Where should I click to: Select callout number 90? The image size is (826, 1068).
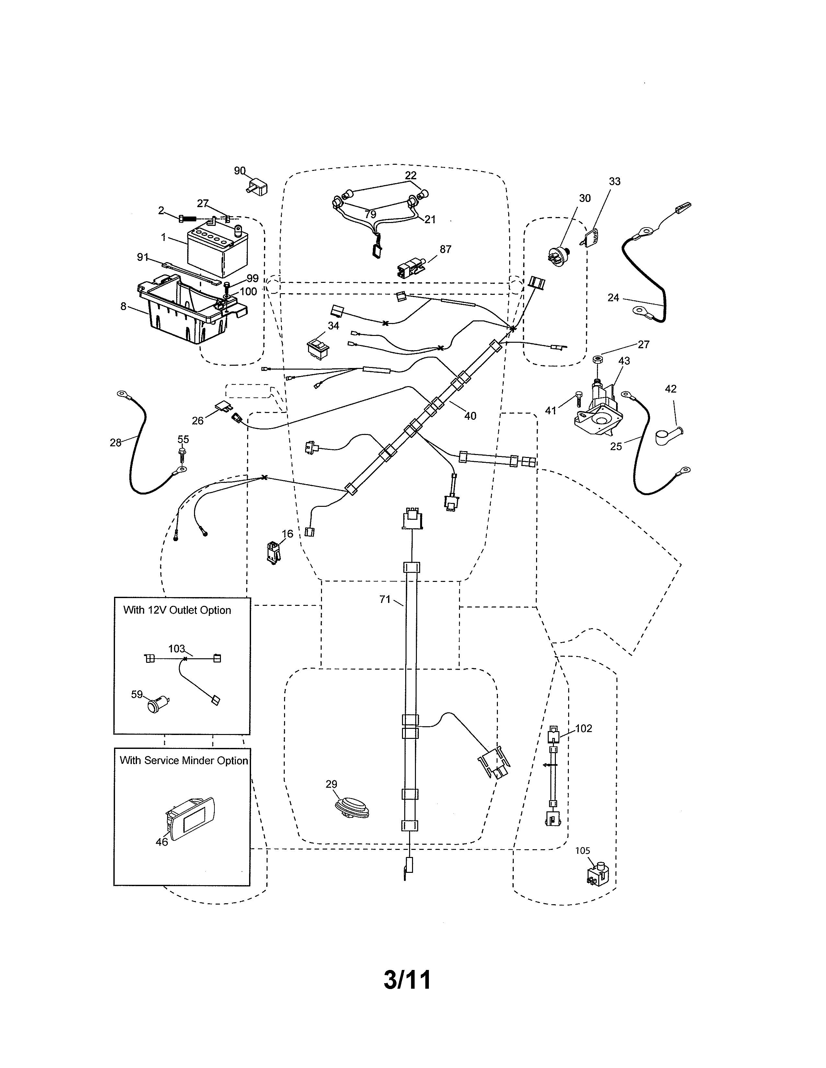(239, 171)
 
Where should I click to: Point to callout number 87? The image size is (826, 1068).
(445, 250)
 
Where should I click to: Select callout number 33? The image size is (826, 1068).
(614, 182)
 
